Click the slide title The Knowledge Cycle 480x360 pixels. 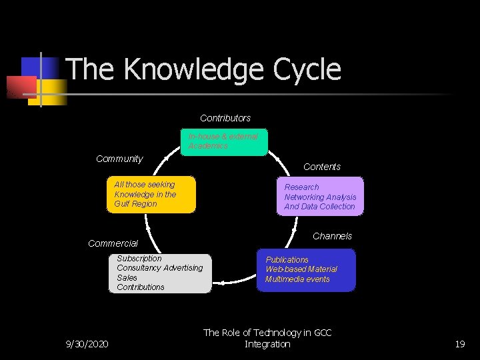[203, 69]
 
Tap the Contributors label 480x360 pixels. [225, 118]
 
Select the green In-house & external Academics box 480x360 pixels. [224, 141]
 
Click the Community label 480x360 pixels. [119, 159]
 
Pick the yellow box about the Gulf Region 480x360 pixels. [151, 195]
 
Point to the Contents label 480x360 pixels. [322, 167]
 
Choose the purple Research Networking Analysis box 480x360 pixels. [320, 197]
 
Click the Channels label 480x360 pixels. [332, 236]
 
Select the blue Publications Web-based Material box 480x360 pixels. [306, 270]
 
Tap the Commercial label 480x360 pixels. [113, 243]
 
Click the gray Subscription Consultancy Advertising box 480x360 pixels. [160, 273]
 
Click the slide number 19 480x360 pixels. [459, 344]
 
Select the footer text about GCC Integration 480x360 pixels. [267, 338]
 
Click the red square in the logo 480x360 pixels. [21, 87]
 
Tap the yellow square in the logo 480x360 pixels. [55, 93]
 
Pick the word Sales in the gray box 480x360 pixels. [127, 277]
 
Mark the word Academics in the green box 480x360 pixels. [208, 146]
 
